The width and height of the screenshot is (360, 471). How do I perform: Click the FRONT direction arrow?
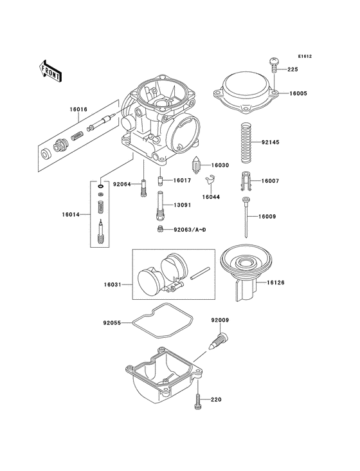(x=50, y=71)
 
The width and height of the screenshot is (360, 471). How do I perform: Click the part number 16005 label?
(x=298, y=93)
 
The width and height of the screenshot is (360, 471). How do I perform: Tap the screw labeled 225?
(x=274, y=65)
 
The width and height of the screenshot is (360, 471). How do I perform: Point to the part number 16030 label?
(x=220, y=165)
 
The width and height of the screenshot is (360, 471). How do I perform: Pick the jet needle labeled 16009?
(x=246, y=217)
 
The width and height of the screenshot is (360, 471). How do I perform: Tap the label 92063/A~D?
(x=190, y=230)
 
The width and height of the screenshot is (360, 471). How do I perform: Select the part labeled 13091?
(x=160, y=206)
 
